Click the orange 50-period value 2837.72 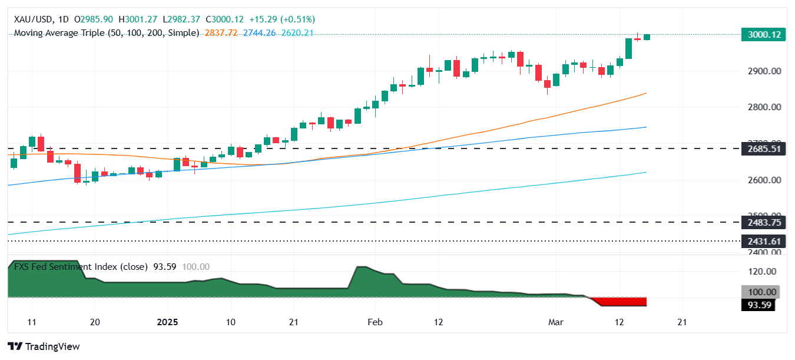point(220,33)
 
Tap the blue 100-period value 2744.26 point(260,33)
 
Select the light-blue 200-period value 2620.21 point(298,33)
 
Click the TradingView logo point(44,346)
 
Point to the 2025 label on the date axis point(167,322)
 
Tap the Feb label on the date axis point(375,322)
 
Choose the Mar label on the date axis point(556,322)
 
